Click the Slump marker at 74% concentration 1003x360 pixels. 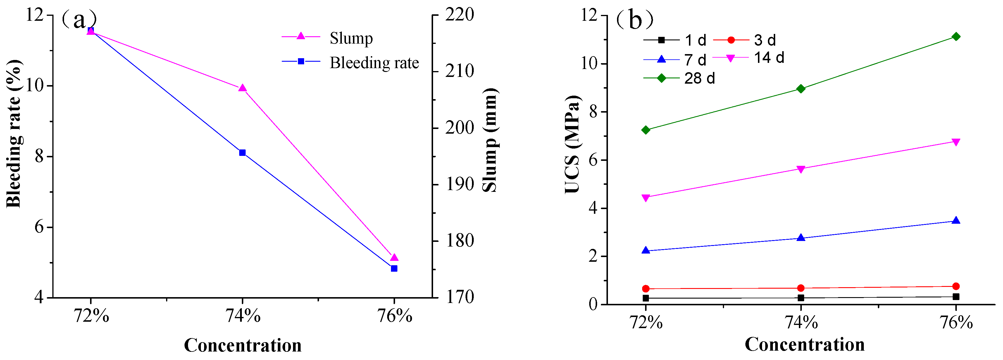tap(242, 88)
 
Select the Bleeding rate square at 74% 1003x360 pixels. tap(242, 153)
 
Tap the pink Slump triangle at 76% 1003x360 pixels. tap(394, 258)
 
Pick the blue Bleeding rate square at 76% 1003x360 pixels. tap(394, 268)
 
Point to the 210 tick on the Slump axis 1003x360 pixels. tap(459, 71)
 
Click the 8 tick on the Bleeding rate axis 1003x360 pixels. tap(39, 156)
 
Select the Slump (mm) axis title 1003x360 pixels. tap(490, 140)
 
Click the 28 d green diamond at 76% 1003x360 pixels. tap(956, 37)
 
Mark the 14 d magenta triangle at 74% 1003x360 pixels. tap(801, 169)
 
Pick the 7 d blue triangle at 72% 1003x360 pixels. tap(646, 250)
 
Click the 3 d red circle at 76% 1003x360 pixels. tap(956, 286)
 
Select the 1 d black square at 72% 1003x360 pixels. tap(646, 298)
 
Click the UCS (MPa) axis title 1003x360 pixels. tap(572, 144)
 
